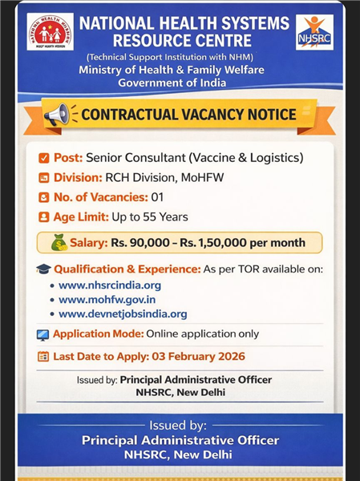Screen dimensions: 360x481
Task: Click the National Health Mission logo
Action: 50,31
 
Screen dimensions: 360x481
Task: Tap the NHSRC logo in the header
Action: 313,32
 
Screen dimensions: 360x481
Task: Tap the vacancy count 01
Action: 157,197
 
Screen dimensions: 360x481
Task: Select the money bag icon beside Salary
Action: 59,242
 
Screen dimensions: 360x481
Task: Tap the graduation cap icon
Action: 43,269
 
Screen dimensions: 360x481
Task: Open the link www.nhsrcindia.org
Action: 110,285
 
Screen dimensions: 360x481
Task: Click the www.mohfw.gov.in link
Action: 107,300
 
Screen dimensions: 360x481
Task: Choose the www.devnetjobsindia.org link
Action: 123,314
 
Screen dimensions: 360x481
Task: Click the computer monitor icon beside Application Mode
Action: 43,334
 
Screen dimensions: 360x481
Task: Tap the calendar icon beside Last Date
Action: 43,356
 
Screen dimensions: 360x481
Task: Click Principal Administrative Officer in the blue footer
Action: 180,440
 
